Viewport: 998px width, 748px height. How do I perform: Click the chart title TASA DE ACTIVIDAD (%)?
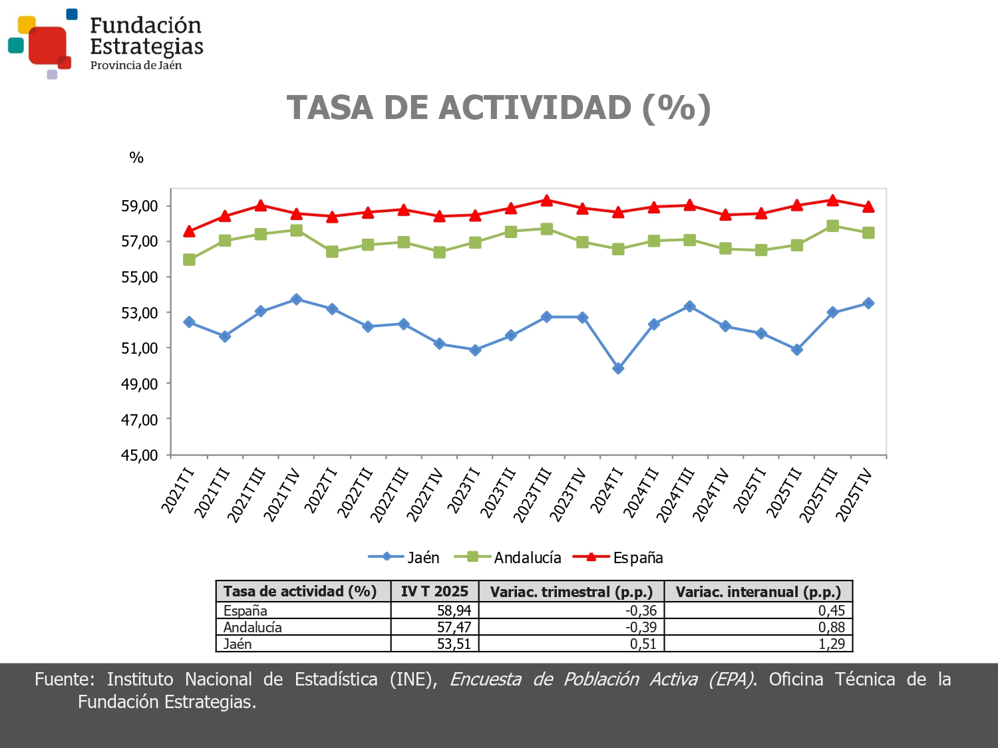498,108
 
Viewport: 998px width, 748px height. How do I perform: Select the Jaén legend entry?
405,557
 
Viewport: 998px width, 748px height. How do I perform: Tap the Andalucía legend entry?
508,557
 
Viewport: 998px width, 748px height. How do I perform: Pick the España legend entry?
619,557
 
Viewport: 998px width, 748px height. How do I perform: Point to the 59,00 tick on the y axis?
140,206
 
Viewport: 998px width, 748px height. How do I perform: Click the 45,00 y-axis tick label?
140,455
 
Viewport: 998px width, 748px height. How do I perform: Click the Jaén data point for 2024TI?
618,368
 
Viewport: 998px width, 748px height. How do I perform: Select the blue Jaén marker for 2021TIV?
297,299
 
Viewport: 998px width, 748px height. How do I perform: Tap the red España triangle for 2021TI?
189,231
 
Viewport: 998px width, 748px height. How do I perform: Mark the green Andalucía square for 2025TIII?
832,225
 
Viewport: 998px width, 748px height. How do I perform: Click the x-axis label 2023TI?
463,491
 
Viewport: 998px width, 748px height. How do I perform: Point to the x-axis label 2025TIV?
854,495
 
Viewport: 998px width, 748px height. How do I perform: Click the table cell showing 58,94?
454,610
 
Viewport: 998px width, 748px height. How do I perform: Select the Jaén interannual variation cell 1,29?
831,644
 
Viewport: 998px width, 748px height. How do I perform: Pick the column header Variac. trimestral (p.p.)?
571,592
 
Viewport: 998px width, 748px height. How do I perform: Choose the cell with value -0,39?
641,627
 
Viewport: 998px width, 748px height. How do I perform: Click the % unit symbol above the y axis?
136,158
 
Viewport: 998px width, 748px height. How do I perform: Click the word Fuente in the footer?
64,679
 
